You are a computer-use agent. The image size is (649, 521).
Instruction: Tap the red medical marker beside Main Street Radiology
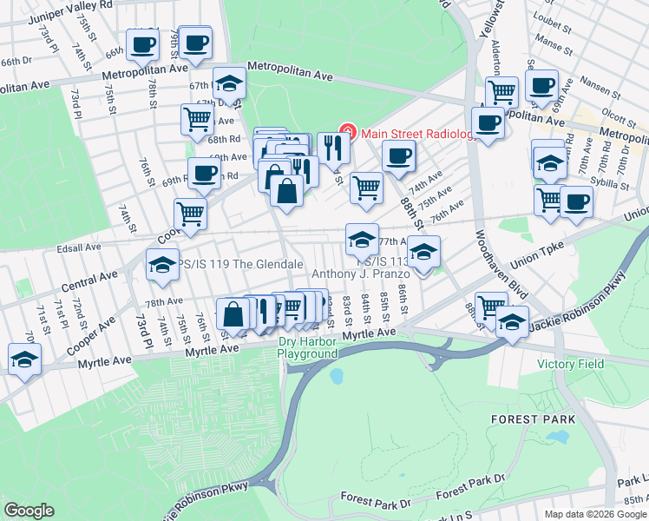pos(348,133)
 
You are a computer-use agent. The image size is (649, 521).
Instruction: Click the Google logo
pos(29,511)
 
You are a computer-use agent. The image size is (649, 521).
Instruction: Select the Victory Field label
pos(570,364)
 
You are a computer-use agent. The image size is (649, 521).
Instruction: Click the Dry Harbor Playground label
pos(307,347)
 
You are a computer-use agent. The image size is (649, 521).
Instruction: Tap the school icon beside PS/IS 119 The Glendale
pos(162,266)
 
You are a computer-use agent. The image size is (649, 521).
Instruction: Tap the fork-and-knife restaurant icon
pos(333,148)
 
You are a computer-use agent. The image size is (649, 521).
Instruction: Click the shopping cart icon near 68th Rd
pos(197,119)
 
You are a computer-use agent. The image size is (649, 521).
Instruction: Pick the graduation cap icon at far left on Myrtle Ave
pos(24,359)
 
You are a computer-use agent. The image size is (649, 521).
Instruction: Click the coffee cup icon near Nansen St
pos(541,86)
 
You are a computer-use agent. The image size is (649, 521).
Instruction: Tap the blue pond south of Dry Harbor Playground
pos(336,377)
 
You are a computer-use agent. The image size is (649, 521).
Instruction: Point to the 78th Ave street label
pos(164,302)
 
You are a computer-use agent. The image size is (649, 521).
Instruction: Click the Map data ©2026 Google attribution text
pos(595,513)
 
